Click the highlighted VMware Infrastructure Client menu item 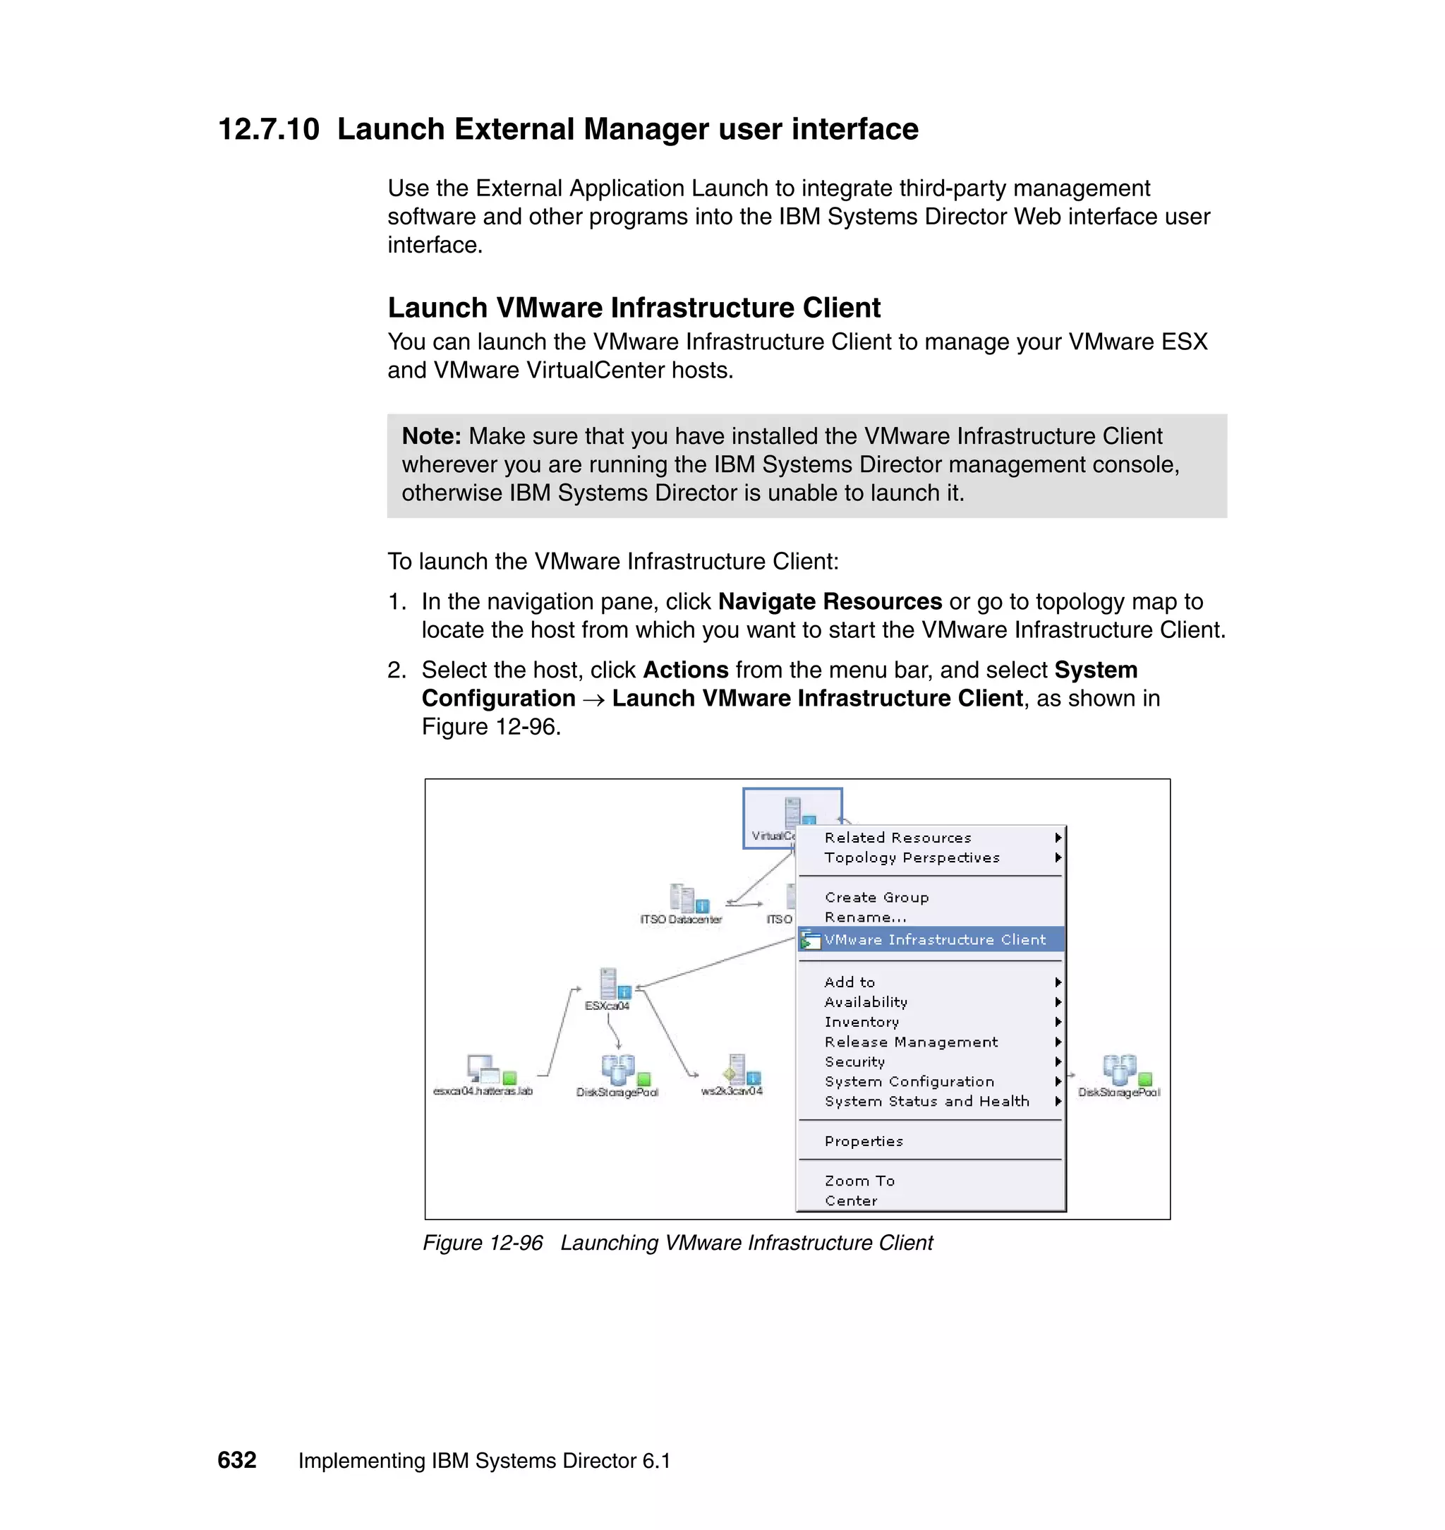pyautogui.click(x=934, y=940)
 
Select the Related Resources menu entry pyautogui.click(x=897, y=838)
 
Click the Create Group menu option pyautogui.click(x=876, y=898)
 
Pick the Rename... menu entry pyautogui.click(x=865, y=917)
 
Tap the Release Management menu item pyautogui.click(x=910, y=1042)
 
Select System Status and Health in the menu pyautogui.click(x=926, y=1102)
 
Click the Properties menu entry pyautogui.click(x=864, y=1142)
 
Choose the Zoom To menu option pyautogui.click(x=859, y=1181)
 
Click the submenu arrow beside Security pyautogui.click(x=1058, y=1061)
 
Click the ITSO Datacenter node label pyautogui.click(x=681, y=920)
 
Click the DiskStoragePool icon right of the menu pyautogui.click(x=1119, y=1069)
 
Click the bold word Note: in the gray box pyautogui.click(x=431, y=437)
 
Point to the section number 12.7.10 pyautogui.click(x=268, y=129)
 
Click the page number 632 pyautogui.click(x=236, y=1460)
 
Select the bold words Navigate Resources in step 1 pyautogui.click(x=830, y=602)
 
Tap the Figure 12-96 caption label pyautogui.click(x=483, y=1243)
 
